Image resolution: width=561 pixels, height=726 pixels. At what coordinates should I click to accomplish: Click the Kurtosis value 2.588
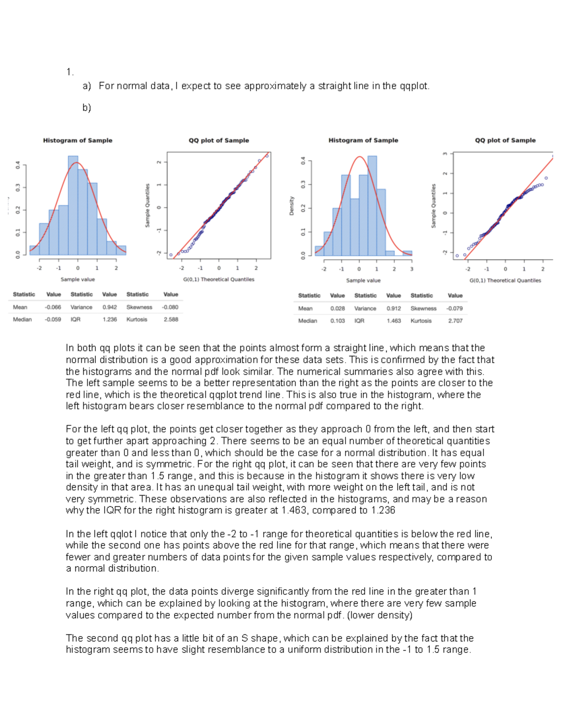171,320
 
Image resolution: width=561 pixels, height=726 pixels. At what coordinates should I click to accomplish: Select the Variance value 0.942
109,308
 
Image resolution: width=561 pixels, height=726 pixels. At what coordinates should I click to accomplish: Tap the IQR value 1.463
393,321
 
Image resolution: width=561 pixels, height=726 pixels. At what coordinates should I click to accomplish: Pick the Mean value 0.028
337,309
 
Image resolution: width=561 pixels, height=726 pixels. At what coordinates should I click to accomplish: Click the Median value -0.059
53,320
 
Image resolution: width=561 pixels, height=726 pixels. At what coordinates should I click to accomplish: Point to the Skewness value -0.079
454,309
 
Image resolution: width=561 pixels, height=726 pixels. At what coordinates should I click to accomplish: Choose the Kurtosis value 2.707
455,321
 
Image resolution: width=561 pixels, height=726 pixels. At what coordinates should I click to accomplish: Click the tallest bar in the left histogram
73,206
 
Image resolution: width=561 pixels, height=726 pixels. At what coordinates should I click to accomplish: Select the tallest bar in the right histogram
372,206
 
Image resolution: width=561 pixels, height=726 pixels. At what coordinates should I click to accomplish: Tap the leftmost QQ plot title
218,140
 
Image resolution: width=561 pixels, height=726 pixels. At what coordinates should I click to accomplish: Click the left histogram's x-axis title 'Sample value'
78,280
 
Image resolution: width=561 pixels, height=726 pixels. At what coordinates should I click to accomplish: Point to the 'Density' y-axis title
292,206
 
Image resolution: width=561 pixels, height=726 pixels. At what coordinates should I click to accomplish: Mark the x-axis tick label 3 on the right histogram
411,269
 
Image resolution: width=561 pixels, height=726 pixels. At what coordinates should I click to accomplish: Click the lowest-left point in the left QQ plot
171,255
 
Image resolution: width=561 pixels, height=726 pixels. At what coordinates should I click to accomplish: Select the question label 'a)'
86,86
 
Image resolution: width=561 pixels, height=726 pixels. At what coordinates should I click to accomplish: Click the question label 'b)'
86,108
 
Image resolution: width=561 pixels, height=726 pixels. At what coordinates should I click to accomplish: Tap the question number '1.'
70,72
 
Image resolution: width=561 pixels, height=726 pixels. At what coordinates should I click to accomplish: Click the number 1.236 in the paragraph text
383,510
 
